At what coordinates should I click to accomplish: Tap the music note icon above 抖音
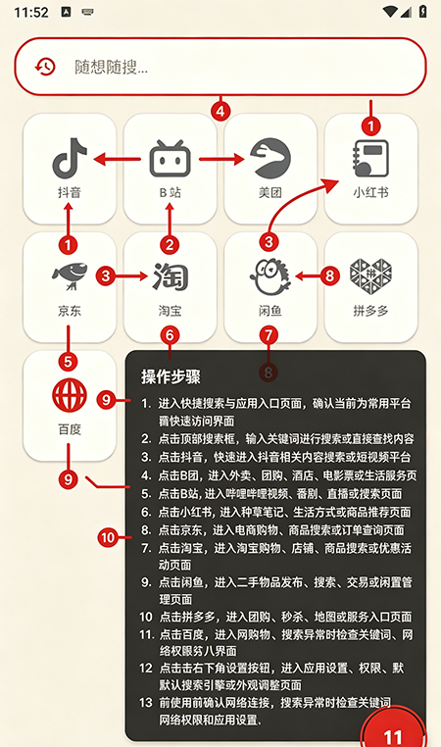[70, 158]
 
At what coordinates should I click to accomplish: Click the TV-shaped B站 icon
[170, 159]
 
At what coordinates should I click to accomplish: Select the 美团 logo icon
[270, 158]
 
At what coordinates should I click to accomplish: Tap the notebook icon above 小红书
[370, 159]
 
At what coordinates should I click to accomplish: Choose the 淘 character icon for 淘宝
[170, 276]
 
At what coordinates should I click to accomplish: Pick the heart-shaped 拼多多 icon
[370, 276]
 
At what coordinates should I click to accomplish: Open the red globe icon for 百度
[70, 395]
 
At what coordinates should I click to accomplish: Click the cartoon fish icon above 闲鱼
[270, 276]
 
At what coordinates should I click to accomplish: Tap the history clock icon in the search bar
[46, 67]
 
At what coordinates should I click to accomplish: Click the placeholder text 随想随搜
[111, 68]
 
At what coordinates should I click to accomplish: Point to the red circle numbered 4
[220, 112]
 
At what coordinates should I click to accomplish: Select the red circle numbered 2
[170, 245]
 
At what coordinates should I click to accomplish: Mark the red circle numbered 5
[68, 361]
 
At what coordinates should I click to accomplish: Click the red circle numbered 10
[108, 537]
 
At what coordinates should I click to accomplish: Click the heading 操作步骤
[171, 376]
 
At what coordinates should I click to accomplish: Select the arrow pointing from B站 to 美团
[221, 159]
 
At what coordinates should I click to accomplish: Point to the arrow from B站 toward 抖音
[118, 159]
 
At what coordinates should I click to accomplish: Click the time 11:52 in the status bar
[31, 12]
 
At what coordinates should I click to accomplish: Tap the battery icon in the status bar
[422, 12]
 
